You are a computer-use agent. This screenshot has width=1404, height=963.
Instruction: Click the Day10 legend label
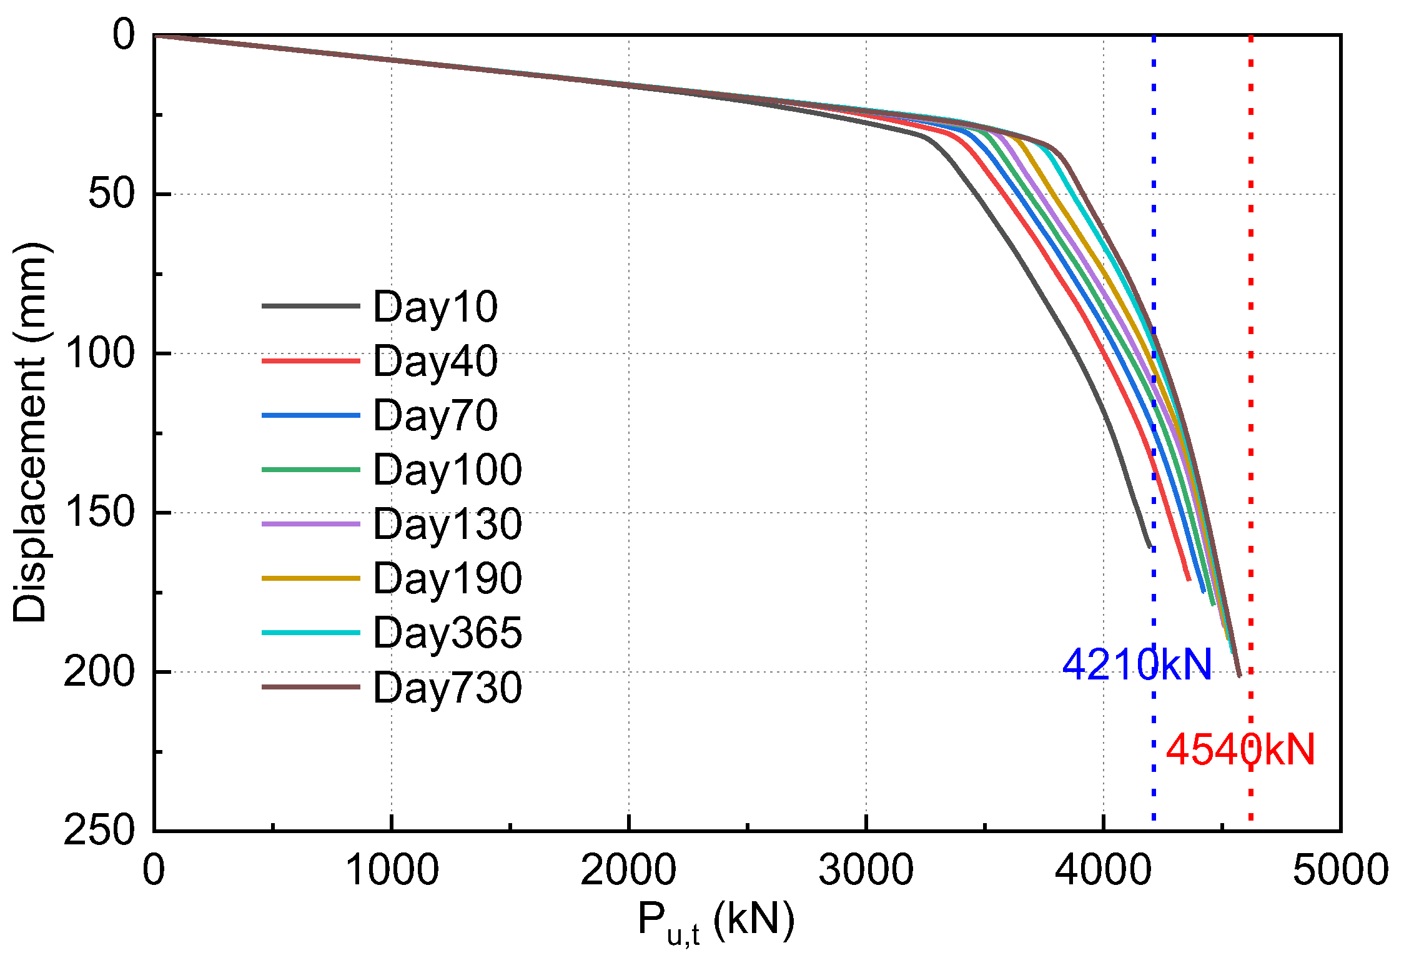[435, 307]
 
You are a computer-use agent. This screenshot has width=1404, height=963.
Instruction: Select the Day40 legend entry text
[435, 361]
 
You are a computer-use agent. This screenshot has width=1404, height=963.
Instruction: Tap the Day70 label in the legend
[435, 415]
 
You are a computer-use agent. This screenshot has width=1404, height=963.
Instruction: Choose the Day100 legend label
[447, 470]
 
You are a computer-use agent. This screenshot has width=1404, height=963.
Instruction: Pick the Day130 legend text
[447, 524]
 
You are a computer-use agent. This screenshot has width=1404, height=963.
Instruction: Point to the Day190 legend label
[447, 578]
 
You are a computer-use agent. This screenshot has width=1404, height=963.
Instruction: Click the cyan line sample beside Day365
[310, 633]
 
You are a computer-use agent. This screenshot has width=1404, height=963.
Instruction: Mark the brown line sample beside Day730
[310, 687]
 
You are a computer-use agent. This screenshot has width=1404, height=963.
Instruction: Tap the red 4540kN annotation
[1240, 749]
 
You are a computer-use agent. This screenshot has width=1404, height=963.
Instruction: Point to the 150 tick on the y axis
[100, 512]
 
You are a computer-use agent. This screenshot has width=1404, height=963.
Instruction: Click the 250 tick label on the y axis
[100, 831]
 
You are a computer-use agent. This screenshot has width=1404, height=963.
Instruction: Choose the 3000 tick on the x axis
[866, 869]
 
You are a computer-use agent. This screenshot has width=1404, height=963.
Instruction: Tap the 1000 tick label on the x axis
[392, 869]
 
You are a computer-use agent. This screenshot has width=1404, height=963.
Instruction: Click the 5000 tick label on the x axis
[1340, 869]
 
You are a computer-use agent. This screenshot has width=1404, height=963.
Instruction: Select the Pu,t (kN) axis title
[716, 921]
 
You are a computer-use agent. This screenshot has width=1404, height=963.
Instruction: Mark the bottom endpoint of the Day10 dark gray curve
[1150, 547]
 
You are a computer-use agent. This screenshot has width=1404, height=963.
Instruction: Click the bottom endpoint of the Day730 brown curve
[1239, 676]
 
